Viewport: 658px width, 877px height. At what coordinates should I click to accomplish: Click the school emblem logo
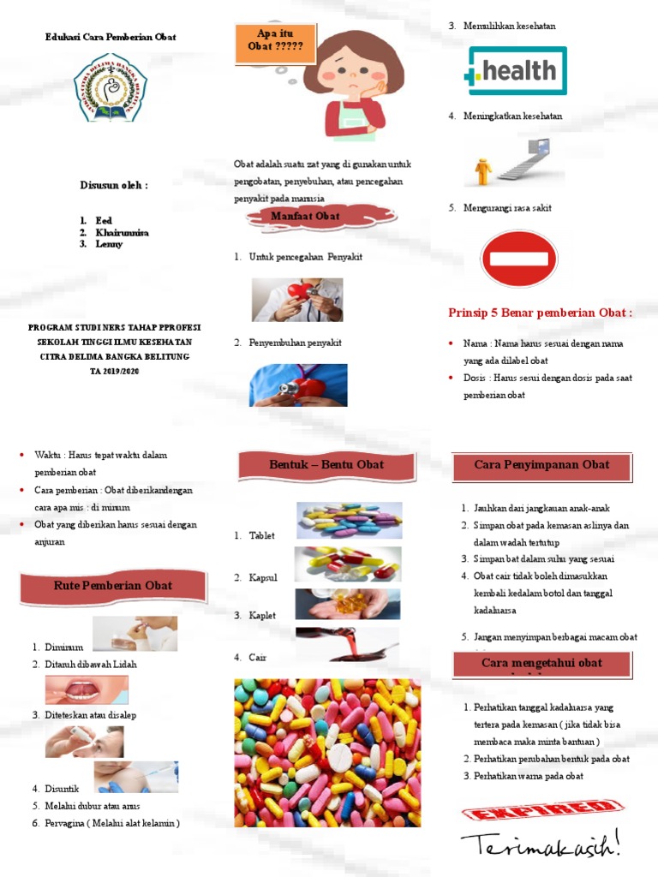coord(110,87)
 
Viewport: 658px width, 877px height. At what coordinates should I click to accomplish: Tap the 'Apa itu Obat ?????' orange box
coord(275,40)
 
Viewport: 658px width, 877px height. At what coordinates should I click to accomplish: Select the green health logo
coord(515,71)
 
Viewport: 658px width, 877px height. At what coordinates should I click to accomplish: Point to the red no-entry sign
coord(518,259)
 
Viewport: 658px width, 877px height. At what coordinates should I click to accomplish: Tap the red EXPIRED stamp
coord(542,810)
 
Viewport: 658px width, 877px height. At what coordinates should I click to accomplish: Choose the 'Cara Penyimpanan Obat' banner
coord(541,465)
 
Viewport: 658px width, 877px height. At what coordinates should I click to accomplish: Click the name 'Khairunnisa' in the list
coord(122,232)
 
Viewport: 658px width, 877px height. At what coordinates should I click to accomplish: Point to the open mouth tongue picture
coord(87,689)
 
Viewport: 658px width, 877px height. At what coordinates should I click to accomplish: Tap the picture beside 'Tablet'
coord(350,520)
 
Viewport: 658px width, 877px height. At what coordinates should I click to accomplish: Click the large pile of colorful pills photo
coord(327,752)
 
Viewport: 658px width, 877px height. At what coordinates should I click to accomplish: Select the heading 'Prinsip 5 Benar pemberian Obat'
coord(540,313)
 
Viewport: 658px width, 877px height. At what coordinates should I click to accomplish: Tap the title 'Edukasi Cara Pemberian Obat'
coord(111,37)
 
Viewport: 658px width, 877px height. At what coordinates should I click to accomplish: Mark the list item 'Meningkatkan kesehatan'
coord(513,116)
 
